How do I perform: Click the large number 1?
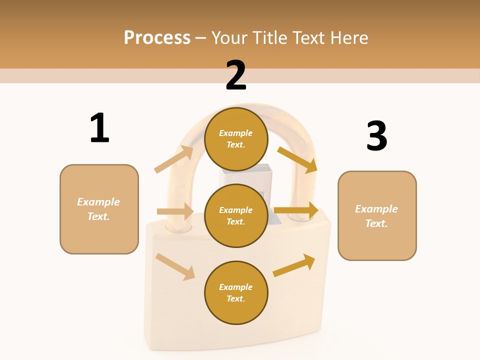click(x=99, y=128)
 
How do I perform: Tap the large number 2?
click(x=236, y=75)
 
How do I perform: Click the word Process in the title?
click(x=157, y=37)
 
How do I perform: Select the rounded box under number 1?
click(x=99, y=209)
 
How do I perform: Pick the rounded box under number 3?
click(x=377, y=215)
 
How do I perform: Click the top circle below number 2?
click(x=236, y=139)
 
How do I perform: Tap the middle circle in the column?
click(x=236, y=215)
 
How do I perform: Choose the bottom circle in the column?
click(x=236, y=292)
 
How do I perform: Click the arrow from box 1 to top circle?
click(x=174, y=159)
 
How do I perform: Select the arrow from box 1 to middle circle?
click(x=175, y=211)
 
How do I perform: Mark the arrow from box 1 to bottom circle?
click(x=175, y=266)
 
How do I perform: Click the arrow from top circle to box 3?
click(x=297, y=159)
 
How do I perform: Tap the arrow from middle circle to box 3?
click(x=296, y=210)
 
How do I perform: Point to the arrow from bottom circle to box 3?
click(x=294, y=265)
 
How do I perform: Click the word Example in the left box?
click(x=98, y=202)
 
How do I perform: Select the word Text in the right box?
click(x=376, y=223)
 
